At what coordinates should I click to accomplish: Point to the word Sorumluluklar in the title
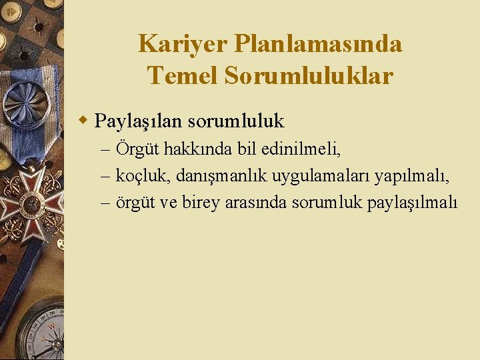[x=309, y=75]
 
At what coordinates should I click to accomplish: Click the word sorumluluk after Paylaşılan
[x=236, y=121]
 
